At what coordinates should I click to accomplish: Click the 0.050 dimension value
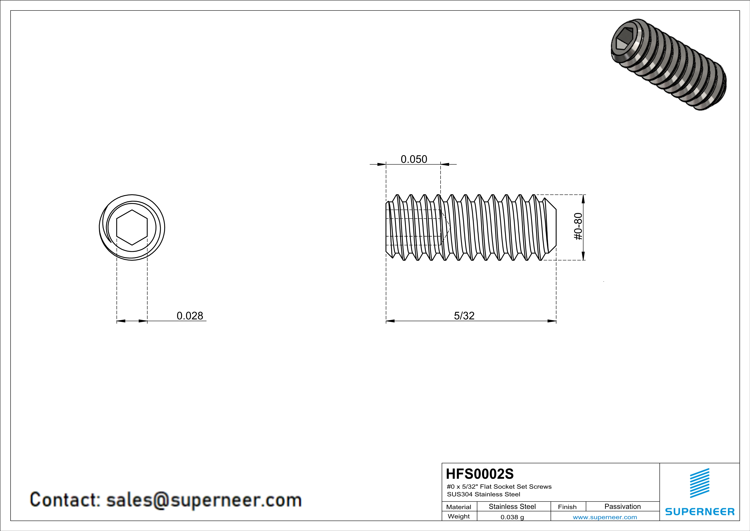point(414,159)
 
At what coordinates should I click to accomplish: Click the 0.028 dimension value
point(190,316)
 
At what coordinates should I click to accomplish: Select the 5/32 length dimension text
point(464,316)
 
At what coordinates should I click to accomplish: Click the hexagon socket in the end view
point(132,227)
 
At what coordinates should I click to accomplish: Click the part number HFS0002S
point(479,474)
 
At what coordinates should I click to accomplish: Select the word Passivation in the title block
point(622,506)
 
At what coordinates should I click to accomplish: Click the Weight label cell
point(459,516)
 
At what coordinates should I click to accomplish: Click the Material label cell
point(459,507)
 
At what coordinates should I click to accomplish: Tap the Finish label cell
point(567,507)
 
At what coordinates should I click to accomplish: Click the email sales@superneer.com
point(204,500)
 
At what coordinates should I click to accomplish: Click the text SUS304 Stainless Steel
point(484,494)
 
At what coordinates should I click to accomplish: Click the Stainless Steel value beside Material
point(512,506)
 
